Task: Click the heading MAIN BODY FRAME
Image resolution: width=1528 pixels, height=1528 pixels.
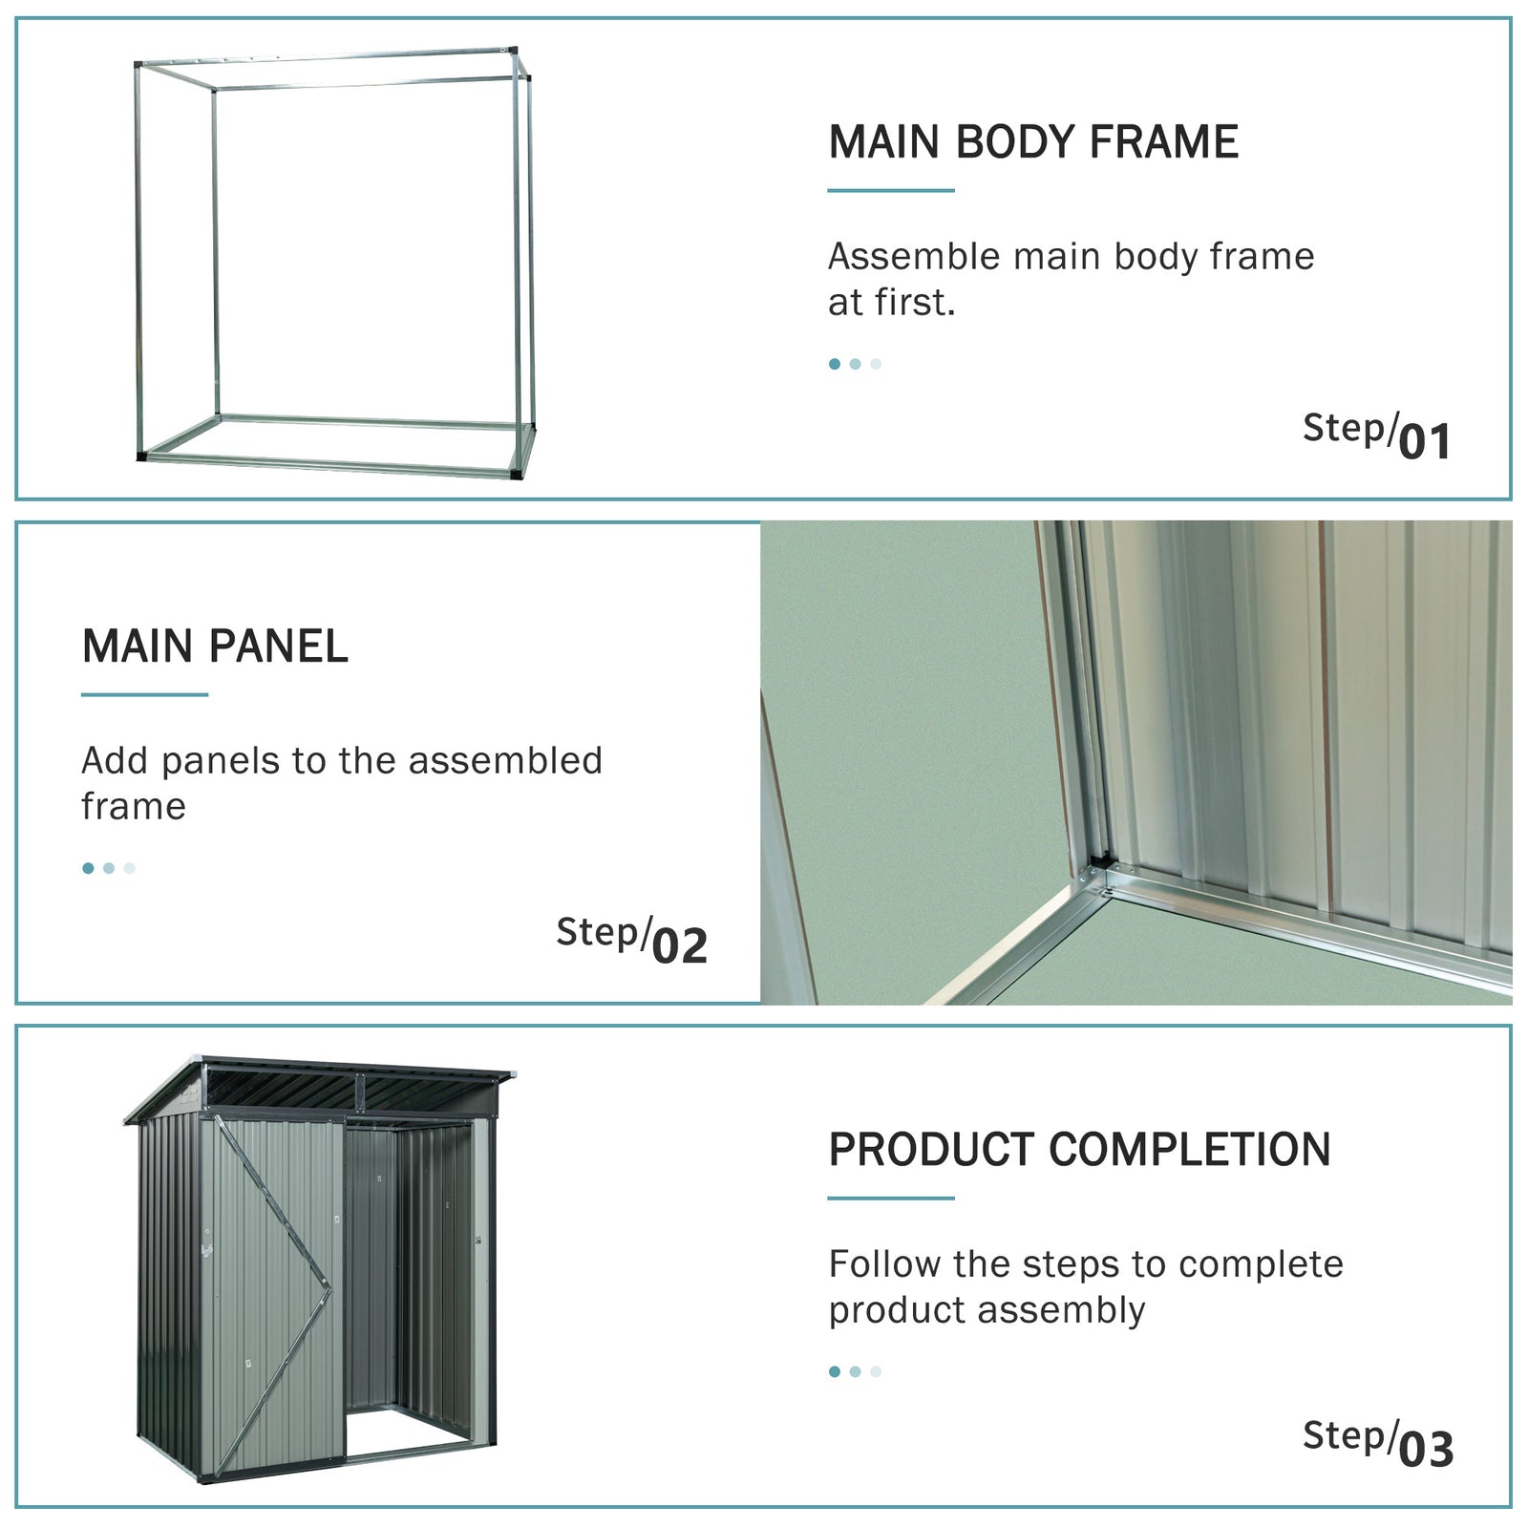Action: pyautogui.click(x=1032, y=142)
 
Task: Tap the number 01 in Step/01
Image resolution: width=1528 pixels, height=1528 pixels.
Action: pyautogui.click(x=1425, y=441)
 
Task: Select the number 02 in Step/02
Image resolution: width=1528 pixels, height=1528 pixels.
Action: pyautogui.click(x=680, y=945)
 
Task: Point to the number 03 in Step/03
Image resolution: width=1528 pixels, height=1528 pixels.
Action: pyautogui.click(x=1426, y=1449)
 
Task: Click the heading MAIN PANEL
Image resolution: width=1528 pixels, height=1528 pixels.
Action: pyautogui.click(x=215, y=647)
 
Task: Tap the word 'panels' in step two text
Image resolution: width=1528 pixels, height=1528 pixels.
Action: pyautogui.click(x=221, y=761)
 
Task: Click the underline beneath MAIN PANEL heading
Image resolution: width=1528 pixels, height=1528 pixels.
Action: pyautogui.click(x=144, y=694)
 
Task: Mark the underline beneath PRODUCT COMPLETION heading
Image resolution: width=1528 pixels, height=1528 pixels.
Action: pyautogui.click(x=890, y=1198)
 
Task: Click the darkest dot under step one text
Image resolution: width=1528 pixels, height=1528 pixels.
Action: pyautogui.click(x=835, y=364)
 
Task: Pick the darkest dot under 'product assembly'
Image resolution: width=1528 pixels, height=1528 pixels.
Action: pyautogui.click(x=835, y=1371)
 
